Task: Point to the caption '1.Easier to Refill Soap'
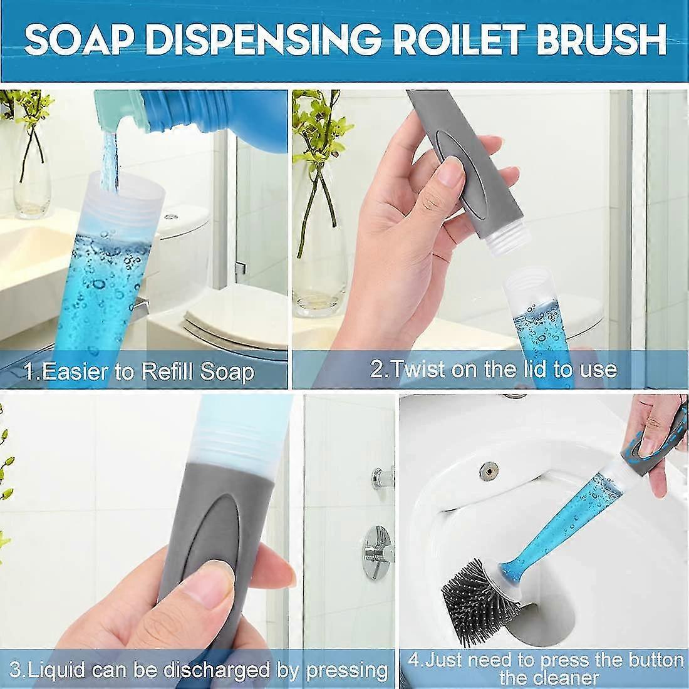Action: coord(139,371)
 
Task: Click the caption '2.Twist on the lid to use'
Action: coord(493,368)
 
